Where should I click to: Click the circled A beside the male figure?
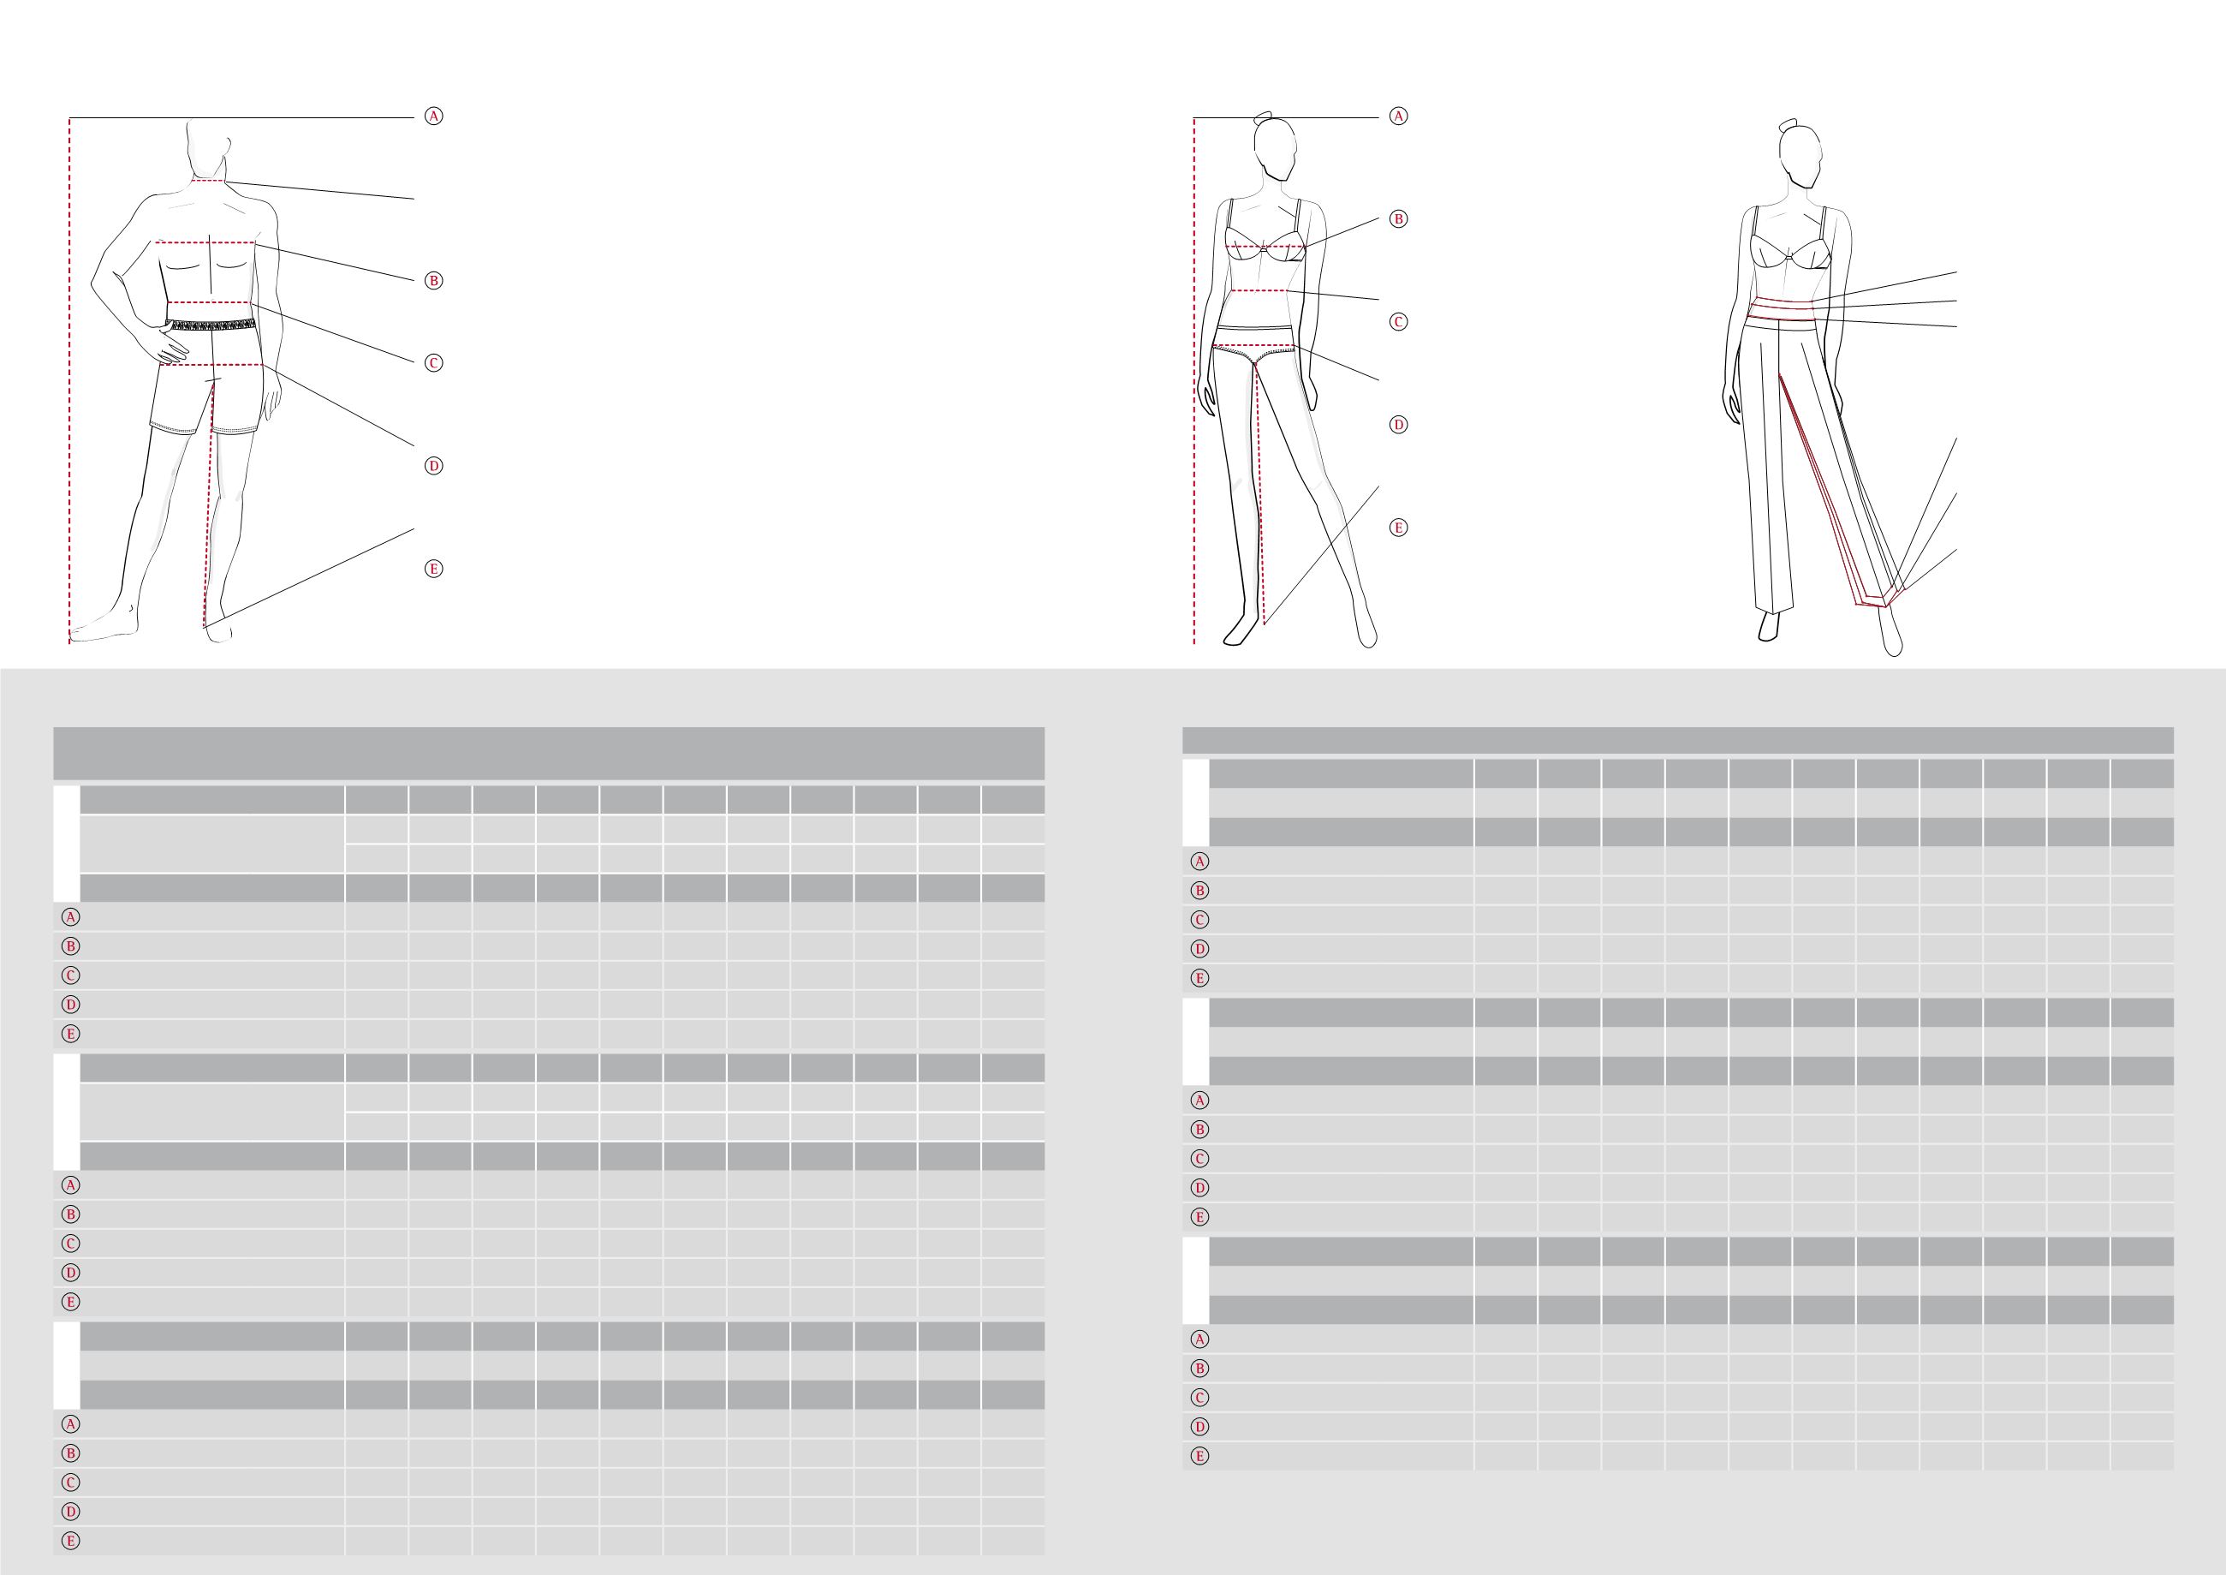tap(434, 116)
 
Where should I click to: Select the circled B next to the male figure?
tap(434, 281)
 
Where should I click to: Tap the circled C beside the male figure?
tap(434, 364)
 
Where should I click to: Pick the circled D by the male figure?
tap(434, 467)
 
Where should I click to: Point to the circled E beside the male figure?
tap(434, 570)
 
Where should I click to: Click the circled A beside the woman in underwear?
tap(1398, 116)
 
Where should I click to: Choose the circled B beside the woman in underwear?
tap(1398, 219)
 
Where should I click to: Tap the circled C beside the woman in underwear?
tap(1398, 322)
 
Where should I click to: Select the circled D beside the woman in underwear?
tap(1398, 425)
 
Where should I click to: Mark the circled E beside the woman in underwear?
tap(1398, 528)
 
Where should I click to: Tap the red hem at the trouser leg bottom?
tap(1873, 600)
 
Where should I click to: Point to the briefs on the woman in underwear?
tap(1255, 351)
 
